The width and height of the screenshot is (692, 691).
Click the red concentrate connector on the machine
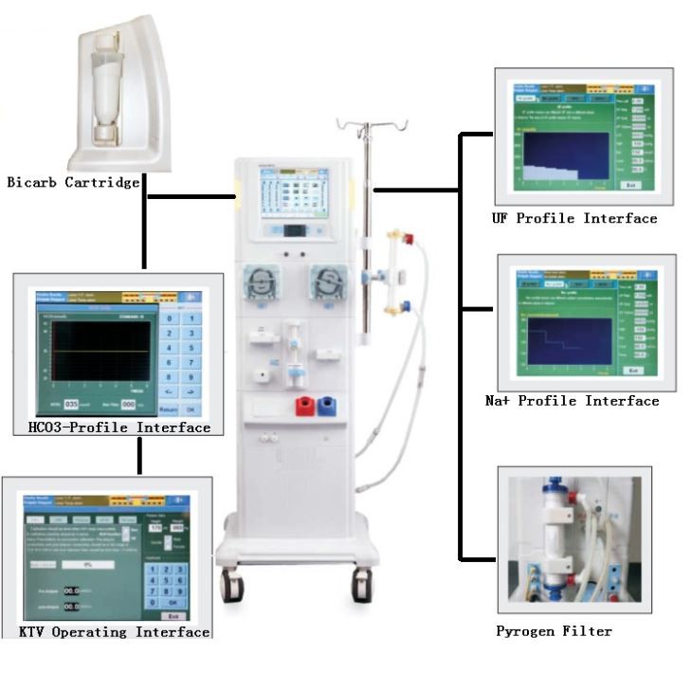coord(304,407)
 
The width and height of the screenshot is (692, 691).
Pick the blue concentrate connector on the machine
coord(329,407)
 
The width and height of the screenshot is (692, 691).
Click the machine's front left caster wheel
coord(230,586)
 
